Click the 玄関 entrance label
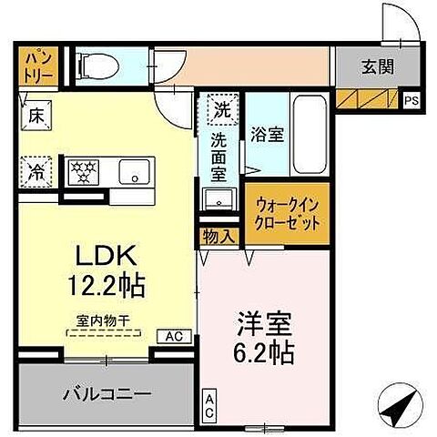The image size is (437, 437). tap(371, 66)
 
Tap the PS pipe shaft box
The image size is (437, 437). tap(411, 100)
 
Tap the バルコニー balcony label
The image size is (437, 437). tap(107, 393)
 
